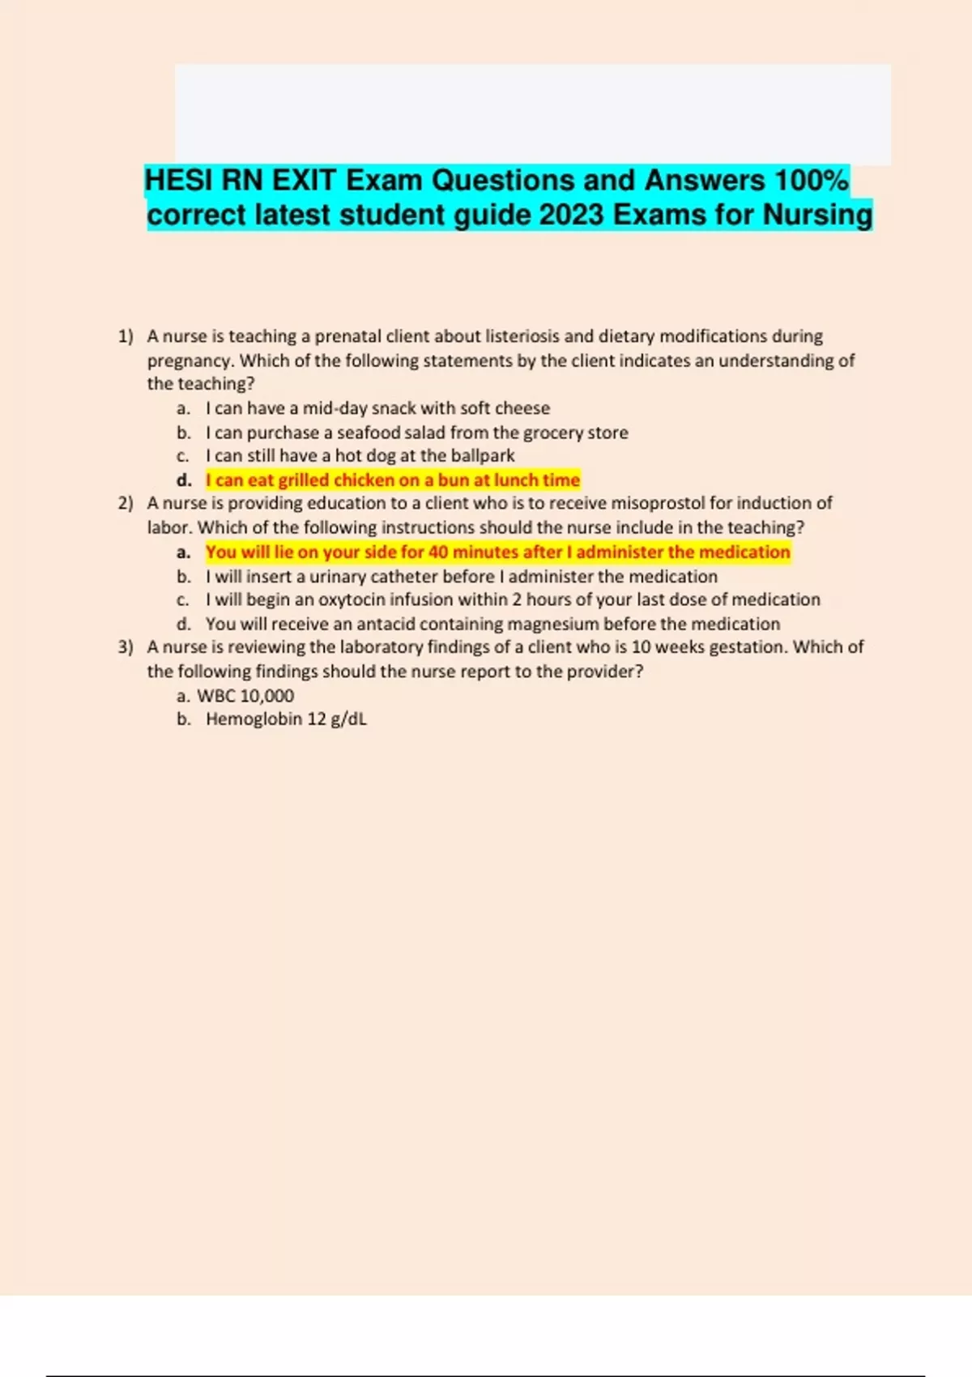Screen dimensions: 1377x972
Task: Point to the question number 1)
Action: (126, 336)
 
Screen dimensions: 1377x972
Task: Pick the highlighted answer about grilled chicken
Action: (393, 480)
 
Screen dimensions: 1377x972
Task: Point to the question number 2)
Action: (126, 503)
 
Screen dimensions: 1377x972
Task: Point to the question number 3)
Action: (126, 647)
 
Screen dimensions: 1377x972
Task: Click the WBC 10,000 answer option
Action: (245, 696)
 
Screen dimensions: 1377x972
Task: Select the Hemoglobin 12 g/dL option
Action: (286, 719)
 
